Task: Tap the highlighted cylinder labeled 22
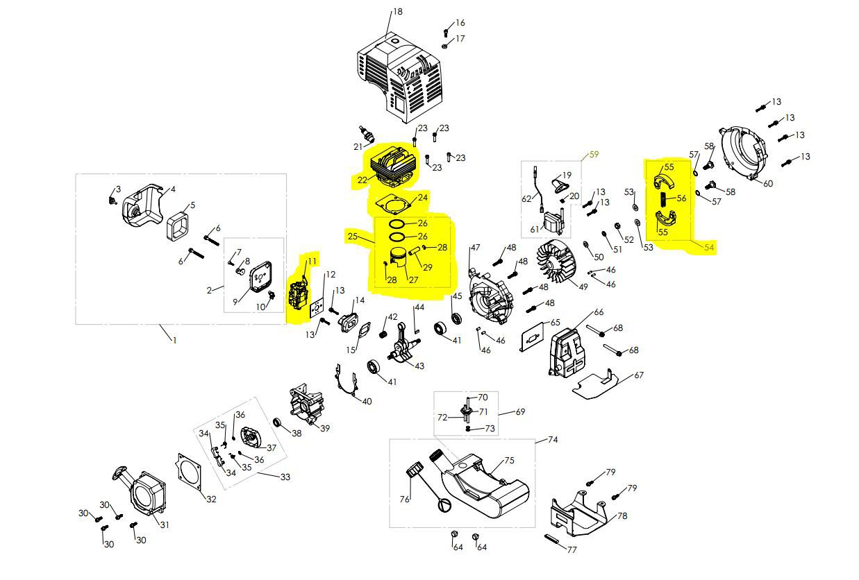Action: tap(392, 167)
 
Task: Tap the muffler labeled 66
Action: tap(567, 353)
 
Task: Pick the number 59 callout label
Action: tap(594, 155)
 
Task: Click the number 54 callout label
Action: tap(709, 247)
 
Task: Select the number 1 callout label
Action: tap(175, 340)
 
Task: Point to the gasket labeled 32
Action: tap(190, 473)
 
